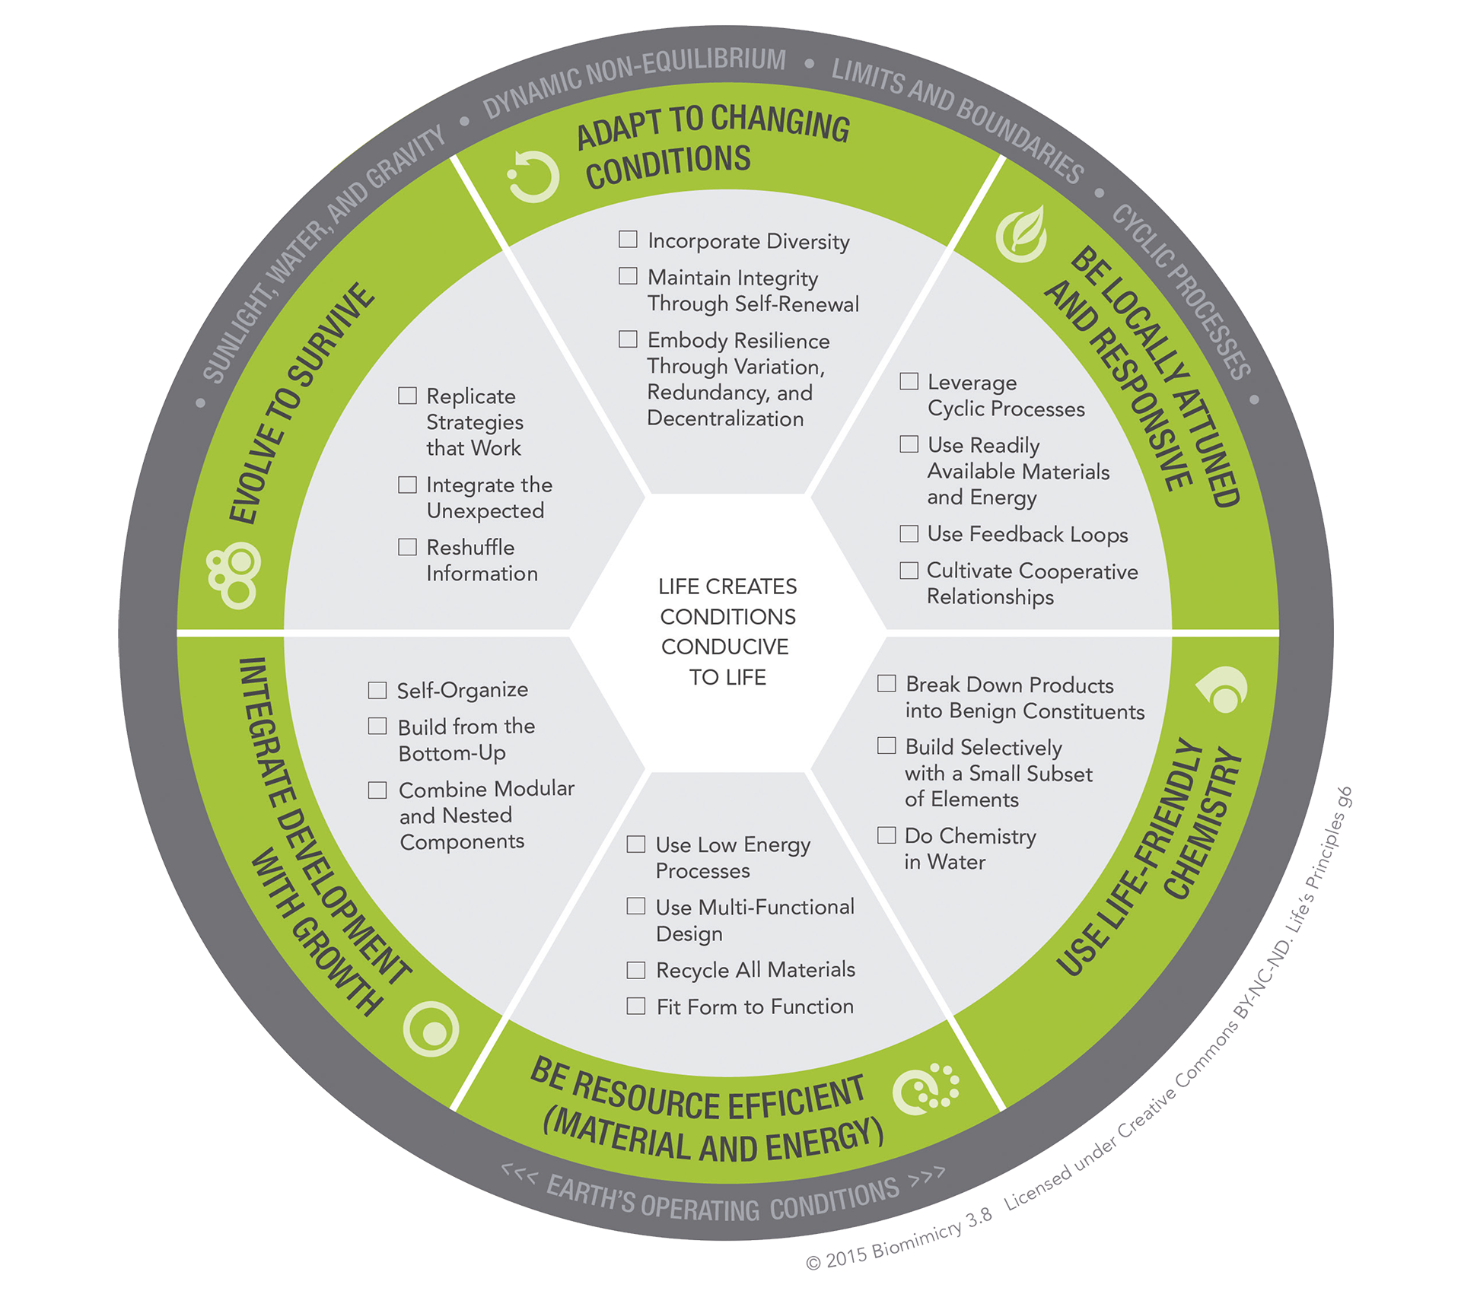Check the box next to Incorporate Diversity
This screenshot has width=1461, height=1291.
(x=628, y=240)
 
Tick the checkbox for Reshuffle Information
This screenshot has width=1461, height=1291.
(x=408, y=547)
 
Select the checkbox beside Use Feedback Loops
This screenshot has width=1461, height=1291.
(x=909, y=533)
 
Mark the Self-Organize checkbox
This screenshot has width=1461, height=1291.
(x=377, y=690)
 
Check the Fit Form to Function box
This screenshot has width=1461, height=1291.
(x=636, y=1006)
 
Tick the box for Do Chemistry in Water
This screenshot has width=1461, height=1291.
(x=886, y=835)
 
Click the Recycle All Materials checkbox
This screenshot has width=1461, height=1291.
(x=636, y=970)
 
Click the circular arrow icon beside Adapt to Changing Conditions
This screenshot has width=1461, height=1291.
(x=533, y=177)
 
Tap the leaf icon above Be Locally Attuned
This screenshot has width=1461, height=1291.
(x=1022, y=234)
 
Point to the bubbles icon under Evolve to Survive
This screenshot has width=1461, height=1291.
(x=234, y=575)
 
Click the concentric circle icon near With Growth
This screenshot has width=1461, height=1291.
(x=431, y=1029)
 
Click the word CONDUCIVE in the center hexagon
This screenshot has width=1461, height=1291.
(x=725, y=647)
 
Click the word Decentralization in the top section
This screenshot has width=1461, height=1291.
(x=725, y=418)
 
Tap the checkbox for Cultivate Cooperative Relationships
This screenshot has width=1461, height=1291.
(x=909, y=571)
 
